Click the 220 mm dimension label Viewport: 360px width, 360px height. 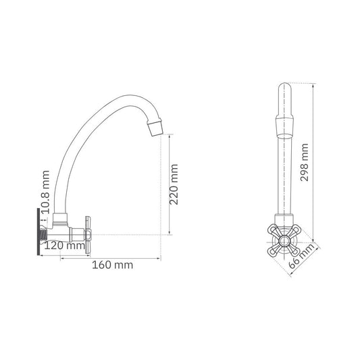[174, 184]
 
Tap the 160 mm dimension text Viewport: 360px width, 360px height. [113, 265]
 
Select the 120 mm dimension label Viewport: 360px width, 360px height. [65, 246]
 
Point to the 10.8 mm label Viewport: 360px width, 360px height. [45, 192]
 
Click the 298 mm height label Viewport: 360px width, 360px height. [304, 162]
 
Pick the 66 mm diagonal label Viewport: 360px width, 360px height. [301, 256]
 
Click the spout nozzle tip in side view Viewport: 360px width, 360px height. [155, 129]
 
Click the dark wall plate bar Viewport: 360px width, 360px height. [38, 232]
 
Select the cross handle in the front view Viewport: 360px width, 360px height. [284, 240]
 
